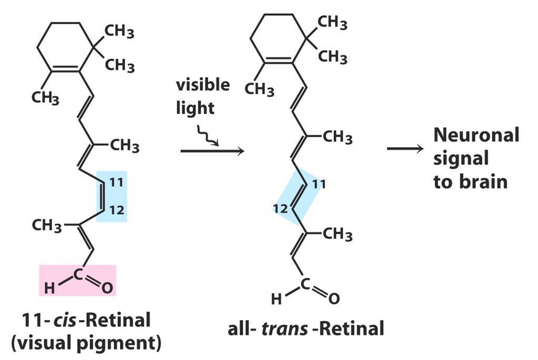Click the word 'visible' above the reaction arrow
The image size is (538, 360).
(x=203, y=85)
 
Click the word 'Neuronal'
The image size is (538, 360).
(x=476, y=135)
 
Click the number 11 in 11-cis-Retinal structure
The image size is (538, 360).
(x=117, y=183)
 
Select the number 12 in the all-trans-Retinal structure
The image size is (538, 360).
(x=280, y=208)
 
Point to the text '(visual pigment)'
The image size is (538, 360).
(x=85, y=343)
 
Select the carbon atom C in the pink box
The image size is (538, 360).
(x=77, y=274)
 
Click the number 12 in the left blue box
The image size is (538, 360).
(x=117, y=212)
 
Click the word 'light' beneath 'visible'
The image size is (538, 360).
(x=195, y=108)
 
